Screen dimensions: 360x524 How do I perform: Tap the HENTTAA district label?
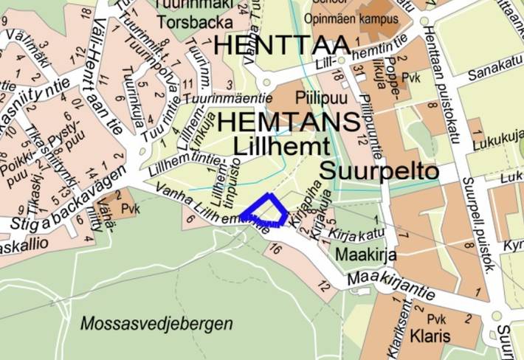[280, 44]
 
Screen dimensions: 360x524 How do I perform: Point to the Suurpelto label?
[379, 172]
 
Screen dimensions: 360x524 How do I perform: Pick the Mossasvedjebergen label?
[156, 323]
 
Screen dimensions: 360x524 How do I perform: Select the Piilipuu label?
[317, 97]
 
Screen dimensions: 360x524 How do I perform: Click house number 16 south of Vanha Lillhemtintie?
[276, 250]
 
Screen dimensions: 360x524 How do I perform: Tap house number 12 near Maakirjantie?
[323, 285]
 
